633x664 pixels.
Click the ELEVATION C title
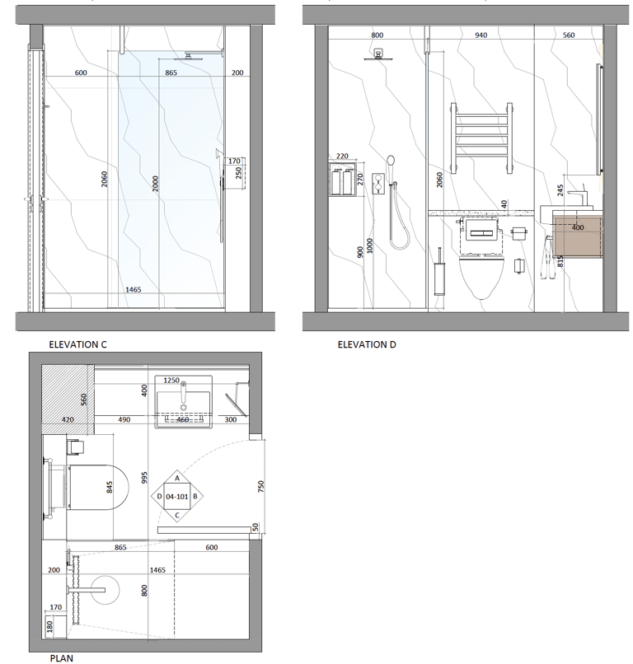77,344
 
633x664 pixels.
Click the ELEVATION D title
367,344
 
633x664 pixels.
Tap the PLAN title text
62,658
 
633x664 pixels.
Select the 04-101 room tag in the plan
176,496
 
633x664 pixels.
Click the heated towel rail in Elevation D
481,138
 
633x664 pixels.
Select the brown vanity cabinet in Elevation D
578,235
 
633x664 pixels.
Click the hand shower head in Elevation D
391,161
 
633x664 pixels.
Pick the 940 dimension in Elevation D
481,35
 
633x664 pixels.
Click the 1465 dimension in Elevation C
133,290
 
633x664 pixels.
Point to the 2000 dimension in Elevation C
156,184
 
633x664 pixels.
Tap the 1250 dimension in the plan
171,381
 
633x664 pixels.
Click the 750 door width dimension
261,486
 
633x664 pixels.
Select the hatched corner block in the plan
68,400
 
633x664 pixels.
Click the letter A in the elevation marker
177,478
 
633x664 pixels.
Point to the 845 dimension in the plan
110,487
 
